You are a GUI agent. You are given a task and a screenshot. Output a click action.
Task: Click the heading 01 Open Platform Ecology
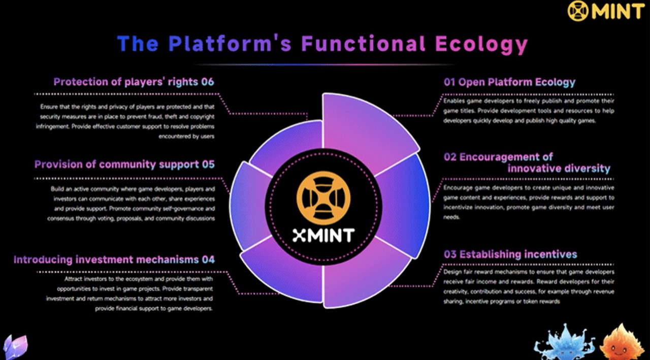509,82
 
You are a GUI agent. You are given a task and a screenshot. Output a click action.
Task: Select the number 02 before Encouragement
450,157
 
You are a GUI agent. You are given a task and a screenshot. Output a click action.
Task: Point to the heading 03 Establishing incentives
510,254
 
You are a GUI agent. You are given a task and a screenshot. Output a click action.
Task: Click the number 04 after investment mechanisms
208,259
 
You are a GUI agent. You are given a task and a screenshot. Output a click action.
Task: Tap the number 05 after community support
208,165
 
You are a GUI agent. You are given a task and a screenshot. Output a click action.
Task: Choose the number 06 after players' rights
207,82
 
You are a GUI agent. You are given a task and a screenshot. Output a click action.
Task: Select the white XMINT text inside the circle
323,235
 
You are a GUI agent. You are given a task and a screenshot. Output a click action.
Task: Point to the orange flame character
622,343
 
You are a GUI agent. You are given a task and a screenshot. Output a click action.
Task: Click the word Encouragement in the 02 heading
506,157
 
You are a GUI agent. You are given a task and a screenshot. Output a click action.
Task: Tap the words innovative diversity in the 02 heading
559,169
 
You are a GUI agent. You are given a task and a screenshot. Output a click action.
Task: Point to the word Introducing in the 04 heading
43,259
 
